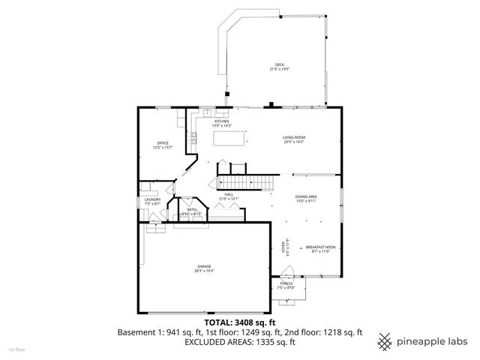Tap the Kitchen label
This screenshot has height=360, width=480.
[x=223, y=123]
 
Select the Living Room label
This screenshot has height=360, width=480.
[x=294, y=139]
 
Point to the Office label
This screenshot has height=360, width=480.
[x=163, y=145]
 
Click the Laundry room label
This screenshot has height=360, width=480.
[x=153, y=201]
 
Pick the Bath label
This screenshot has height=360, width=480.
[x=192, y=211]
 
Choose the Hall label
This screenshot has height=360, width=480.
[x=229, y=196]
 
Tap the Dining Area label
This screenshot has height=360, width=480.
[x=307, y=199]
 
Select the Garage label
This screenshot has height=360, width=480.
[x=205, y=268]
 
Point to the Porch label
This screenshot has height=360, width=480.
[x=286, y=286]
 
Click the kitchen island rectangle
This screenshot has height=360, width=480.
[x=230, y=138]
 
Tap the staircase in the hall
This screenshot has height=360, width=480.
[x=243, y=181]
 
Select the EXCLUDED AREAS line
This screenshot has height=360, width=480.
[x=240, y=341]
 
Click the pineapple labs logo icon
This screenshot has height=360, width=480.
[x=385, y=340]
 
